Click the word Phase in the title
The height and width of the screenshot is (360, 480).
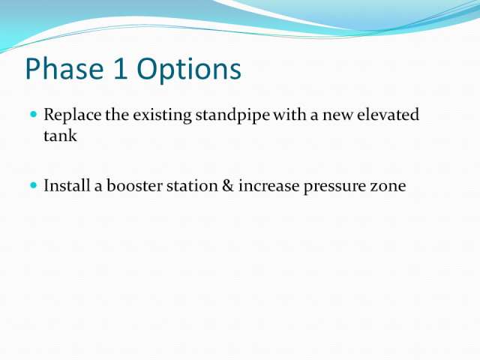[x=64, y=68]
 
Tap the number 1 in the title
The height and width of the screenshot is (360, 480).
[x=120, y=69]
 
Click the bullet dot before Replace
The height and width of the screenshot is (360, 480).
[x=33, y=114]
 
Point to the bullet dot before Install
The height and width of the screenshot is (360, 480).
[x=33, y=185]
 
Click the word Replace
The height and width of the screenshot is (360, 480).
[x=72, y=115]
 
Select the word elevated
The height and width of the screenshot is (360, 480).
[x=388, y=115]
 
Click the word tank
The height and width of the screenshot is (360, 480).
[x=60, y=135]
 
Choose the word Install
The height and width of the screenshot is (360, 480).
[x=67, y=185]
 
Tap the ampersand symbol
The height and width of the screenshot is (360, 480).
[x=228, y=186]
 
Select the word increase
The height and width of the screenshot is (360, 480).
[x=268, y=187]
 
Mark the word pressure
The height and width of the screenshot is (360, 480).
[x=334, y=187]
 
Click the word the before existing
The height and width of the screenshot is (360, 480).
[x=117, y=115]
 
